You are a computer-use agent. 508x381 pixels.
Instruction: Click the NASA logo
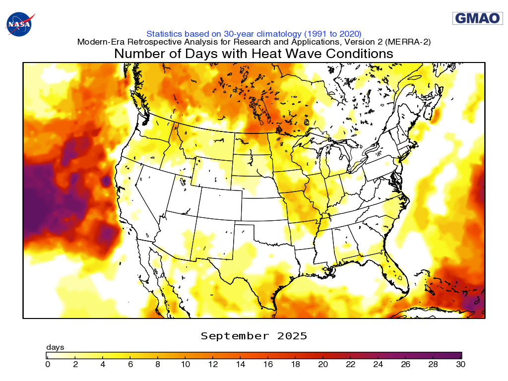point(20,23)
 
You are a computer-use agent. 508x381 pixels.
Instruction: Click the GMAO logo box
point(477,18)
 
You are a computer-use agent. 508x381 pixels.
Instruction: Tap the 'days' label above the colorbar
point(55,347)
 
